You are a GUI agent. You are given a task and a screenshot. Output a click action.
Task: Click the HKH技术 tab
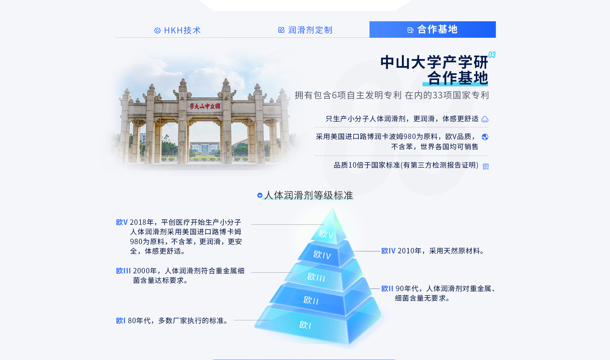(x=177, y=30)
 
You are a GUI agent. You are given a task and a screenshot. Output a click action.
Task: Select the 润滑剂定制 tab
(x=305, y=30)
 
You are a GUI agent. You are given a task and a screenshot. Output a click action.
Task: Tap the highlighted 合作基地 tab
(x=432, y=30)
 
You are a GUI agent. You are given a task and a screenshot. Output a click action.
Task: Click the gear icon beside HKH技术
(x=157, y=30)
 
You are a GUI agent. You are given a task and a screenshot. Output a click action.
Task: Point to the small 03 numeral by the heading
(x=492, y=55)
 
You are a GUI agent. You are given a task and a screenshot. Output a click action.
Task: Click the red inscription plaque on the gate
(x=205, y=106)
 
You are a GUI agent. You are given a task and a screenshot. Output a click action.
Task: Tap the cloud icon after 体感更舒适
(x=485, y=119)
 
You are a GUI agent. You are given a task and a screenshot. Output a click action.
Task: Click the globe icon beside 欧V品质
(x=485, y=137)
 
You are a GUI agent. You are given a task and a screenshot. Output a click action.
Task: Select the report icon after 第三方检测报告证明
(x=486, y=167)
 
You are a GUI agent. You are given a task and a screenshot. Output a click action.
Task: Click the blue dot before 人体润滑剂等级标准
(x=260, y=195)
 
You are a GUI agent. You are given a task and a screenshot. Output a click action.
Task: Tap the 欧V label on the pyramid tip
(x=326, y=234)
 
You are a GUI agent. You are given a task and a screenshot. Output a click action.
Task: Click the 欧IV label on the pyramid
(x=322, y=255)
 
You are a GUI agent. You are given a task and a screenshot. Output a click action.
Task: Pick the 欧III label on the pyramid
(x=316, y=277)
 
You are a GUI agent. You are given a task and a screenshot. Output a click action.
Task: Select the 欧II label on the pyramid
(x=311, y=300)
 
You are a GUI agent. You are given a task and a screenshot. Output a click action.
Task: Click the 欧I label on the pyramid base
(x=305, y=325)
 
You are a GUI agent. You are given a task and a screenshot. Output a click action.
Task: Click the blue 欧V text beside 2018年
(x=122, y=222)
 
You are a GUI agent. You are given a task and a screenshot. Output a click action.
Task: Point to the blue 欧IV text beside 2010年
(x=388, y=251)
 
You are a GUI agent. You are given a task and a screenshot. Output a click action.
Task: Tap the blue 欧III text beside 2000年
(x=123, y=271)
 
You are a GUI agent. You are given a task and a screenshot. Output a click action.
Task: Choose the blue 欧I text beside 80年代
(x=121, y=321)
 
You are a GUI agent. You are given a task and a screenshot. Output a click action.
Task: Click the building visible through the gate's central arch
(x=205, y=148)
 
